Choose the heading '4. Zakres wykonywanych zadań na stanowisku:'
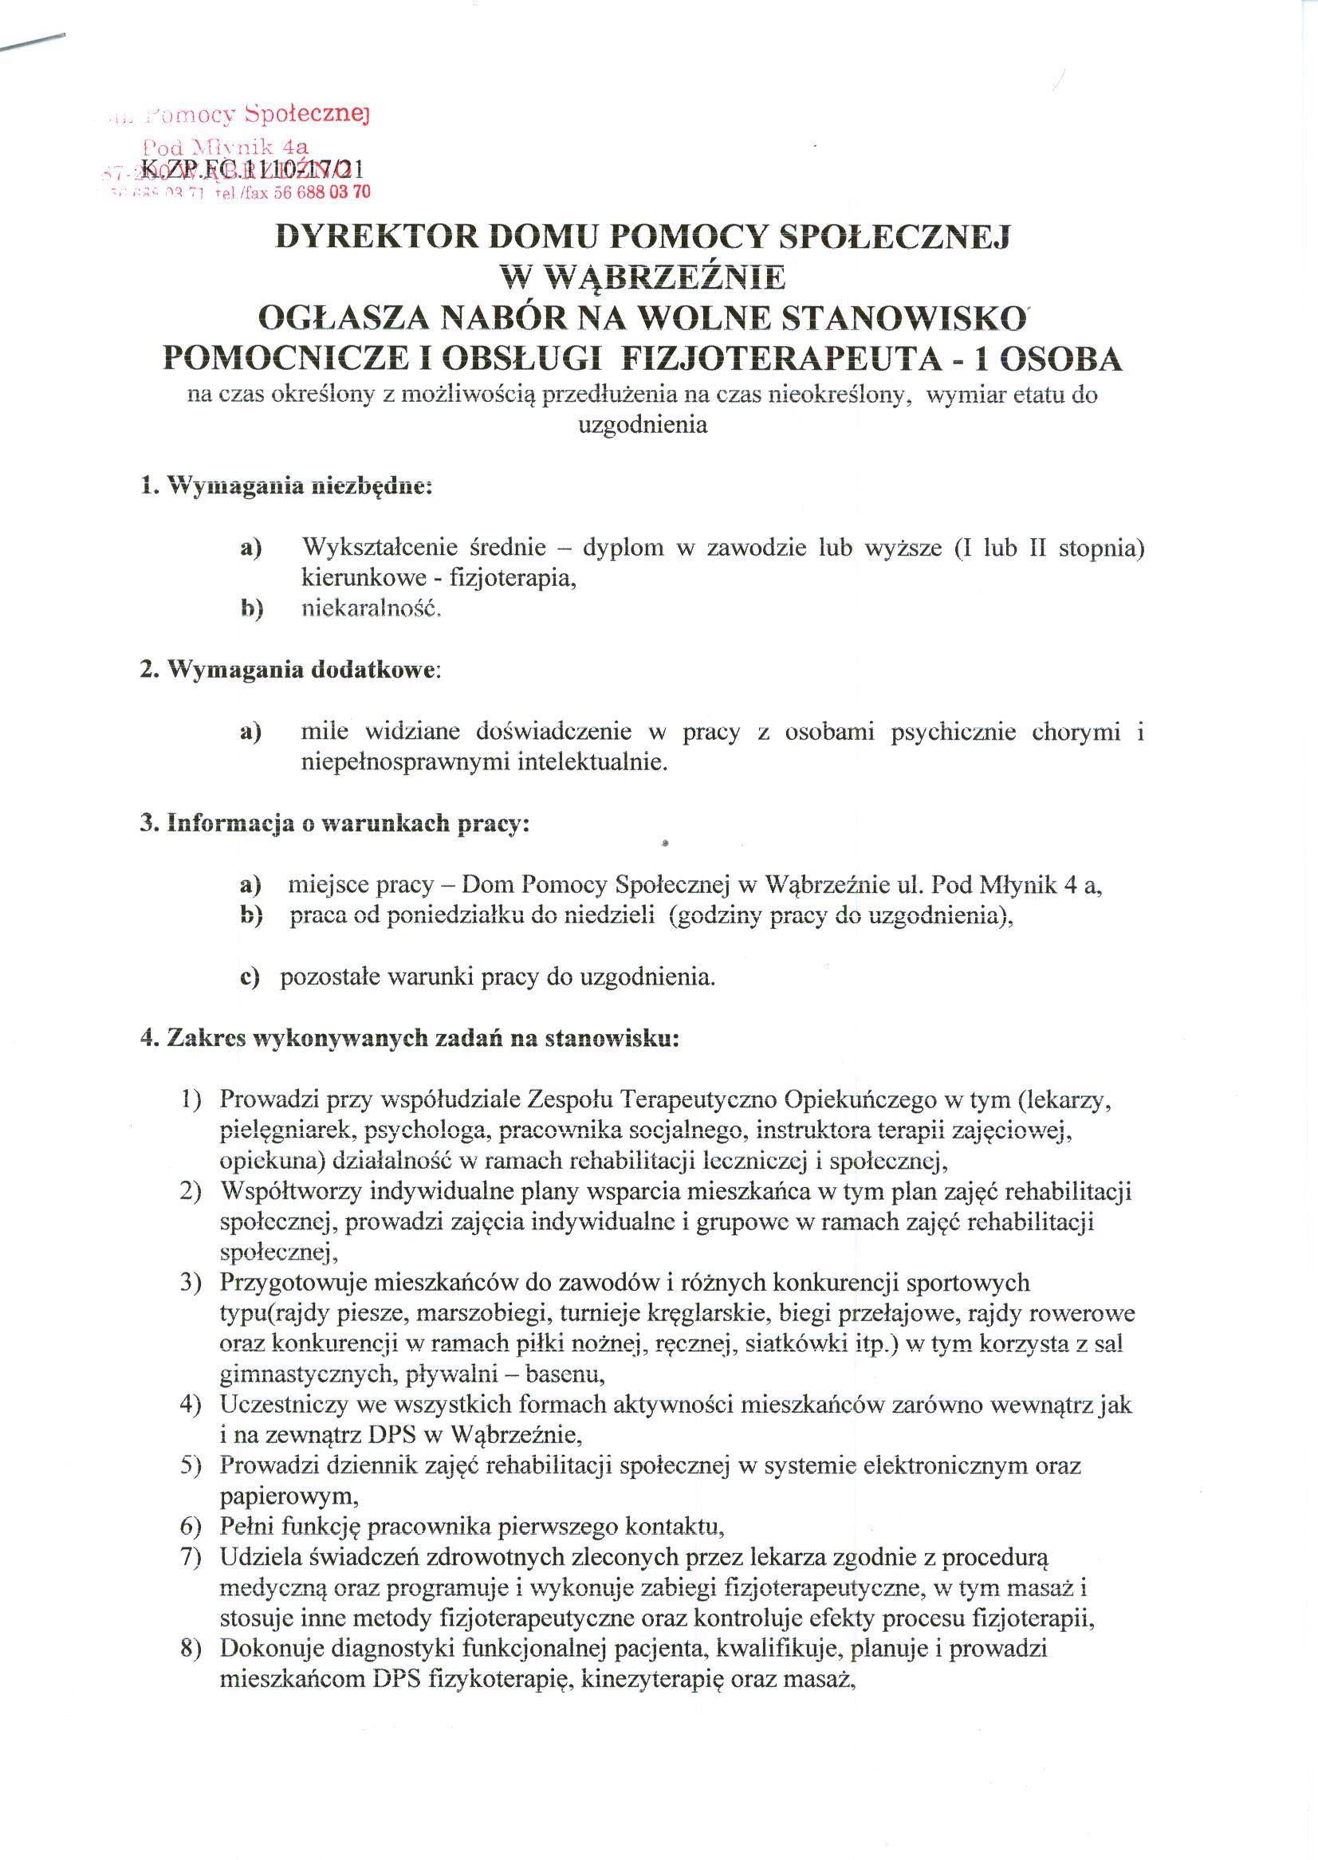410,1040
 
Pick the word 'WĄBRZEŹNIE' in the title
643,277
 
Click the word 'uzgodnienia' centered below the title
642,424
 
